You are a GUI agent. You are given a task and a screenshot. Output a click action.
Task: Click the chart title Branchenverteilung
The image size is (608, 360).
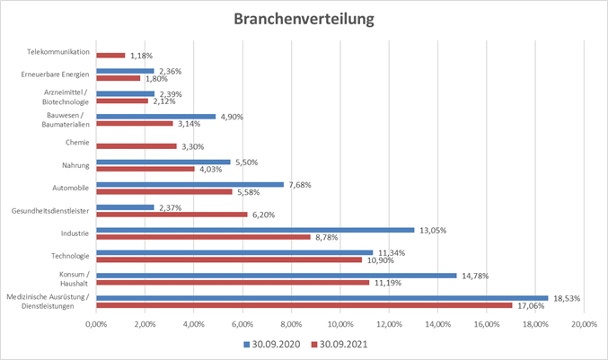click(x=304, y=19)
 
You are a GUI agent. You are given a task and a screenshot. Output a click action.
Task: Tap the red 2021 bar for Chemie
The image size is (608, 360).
click(x=136, y=145)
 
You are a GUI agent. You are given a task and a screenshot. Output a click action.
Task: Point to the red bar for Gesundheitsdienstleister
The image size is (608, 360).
click(x=172, y=214)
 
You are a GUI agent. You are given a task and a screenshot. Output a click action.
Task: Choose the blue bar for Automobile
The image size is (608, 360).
click(x=189, y=184)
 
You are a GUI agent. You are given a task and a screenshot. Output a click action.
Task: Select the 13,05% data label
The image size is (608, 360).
click(x=434, y=230)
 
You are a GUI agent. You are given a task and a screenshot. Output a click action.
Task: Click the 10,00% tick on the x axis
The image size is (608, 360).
click(x=339, y=324)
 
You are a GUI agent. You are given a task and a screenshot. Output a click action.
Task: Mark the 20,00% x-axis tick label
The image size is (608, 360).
click(x=583, y=324)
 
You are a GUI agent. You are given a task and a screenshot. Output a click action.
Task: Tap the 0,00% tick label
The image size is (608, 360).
click(x=96, y=324)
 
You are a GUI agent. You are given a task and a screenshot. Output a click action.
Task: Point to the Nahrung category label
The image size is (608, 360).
click(x=75, y=164)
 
